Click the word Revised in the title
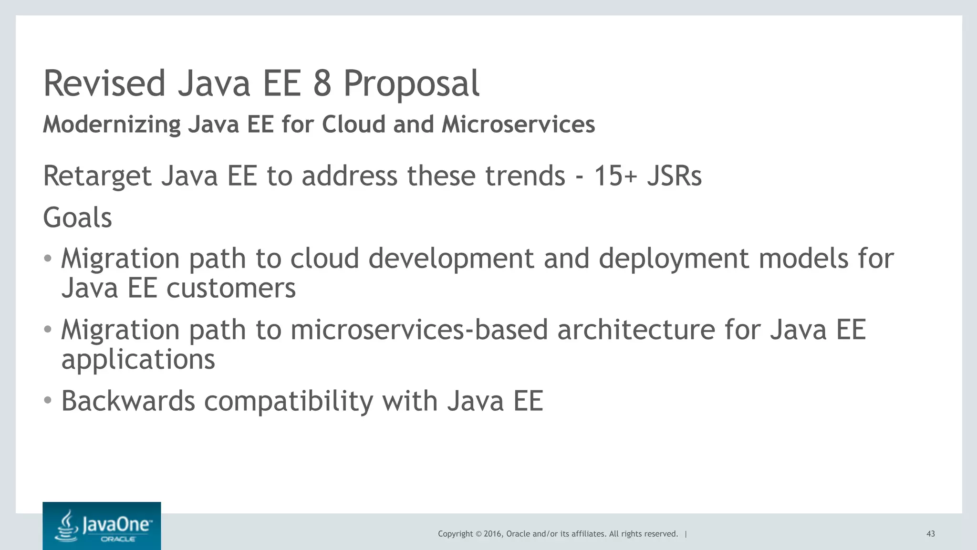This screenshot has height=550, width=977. tap(104, 83)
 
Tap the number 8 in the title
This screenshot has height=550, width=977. tap(322, 83)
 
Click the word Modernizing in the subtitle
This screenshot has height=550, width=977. tap(112, 125)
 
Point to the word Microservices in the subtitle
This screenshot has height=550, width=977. tap(518, 125)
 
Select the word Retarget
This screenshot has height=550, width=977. tap(97, 176)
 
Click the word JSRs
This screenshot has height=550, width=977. tap(674, 176)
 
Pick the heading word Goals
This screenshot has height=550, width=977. tap(77, 218)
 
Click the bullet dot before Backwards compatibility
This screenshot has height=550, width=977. tap(47, 400)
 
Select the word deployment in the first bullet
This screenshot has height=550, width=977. tap(674, 259)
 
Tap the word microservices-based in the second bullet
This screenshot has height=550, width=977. tap(419, 330)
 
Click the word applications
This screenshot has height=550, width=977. tap(138, 360)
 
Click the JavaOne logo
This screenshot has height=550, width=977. tap(102, 526)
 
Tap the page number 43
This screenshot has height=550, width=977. tap(930, 534)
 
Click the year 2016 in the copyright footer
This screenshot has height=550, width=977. tap(492, 534)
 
